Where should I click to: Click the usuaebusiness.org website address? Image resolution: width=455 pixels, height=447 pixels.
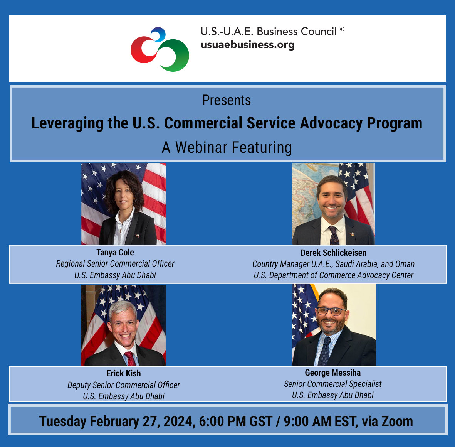click(247, 45)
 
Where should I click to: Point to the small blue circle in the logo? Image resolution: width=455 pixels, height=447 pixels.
click(158, 35)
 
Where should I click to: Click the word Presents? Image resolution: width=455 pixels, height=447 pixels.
click(227, 100)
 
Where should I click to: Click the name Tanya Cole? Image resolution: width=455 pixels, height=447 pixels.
click(115, 253)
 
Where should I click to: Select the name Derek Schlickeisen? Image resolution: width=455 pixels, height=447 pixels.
click(333, 253)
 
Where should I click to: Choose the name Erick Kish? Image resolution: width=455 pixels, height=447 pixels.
click(124, 373)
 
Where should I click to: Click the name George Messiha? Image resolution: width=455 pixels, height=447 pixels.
click(333, 373)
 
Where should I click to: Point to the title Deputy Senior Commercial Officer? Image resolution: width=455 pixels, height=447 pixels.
click(124, 385)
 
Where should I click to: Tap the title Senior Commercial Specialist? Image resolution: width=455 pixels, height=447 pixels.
click(333, 384)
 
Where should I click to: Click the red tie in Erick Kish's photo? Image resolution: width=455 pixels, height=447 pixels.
click(131, 359)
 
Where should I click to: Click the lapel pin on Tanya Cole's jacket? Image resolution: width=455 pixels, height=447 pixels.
click(137, 236)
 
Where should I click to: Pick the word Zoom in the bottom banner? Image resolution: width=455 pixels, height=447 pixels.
click(397, 421)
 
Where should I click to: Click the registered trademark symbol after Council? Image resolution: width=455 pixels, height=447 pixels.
click(342, 29)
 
